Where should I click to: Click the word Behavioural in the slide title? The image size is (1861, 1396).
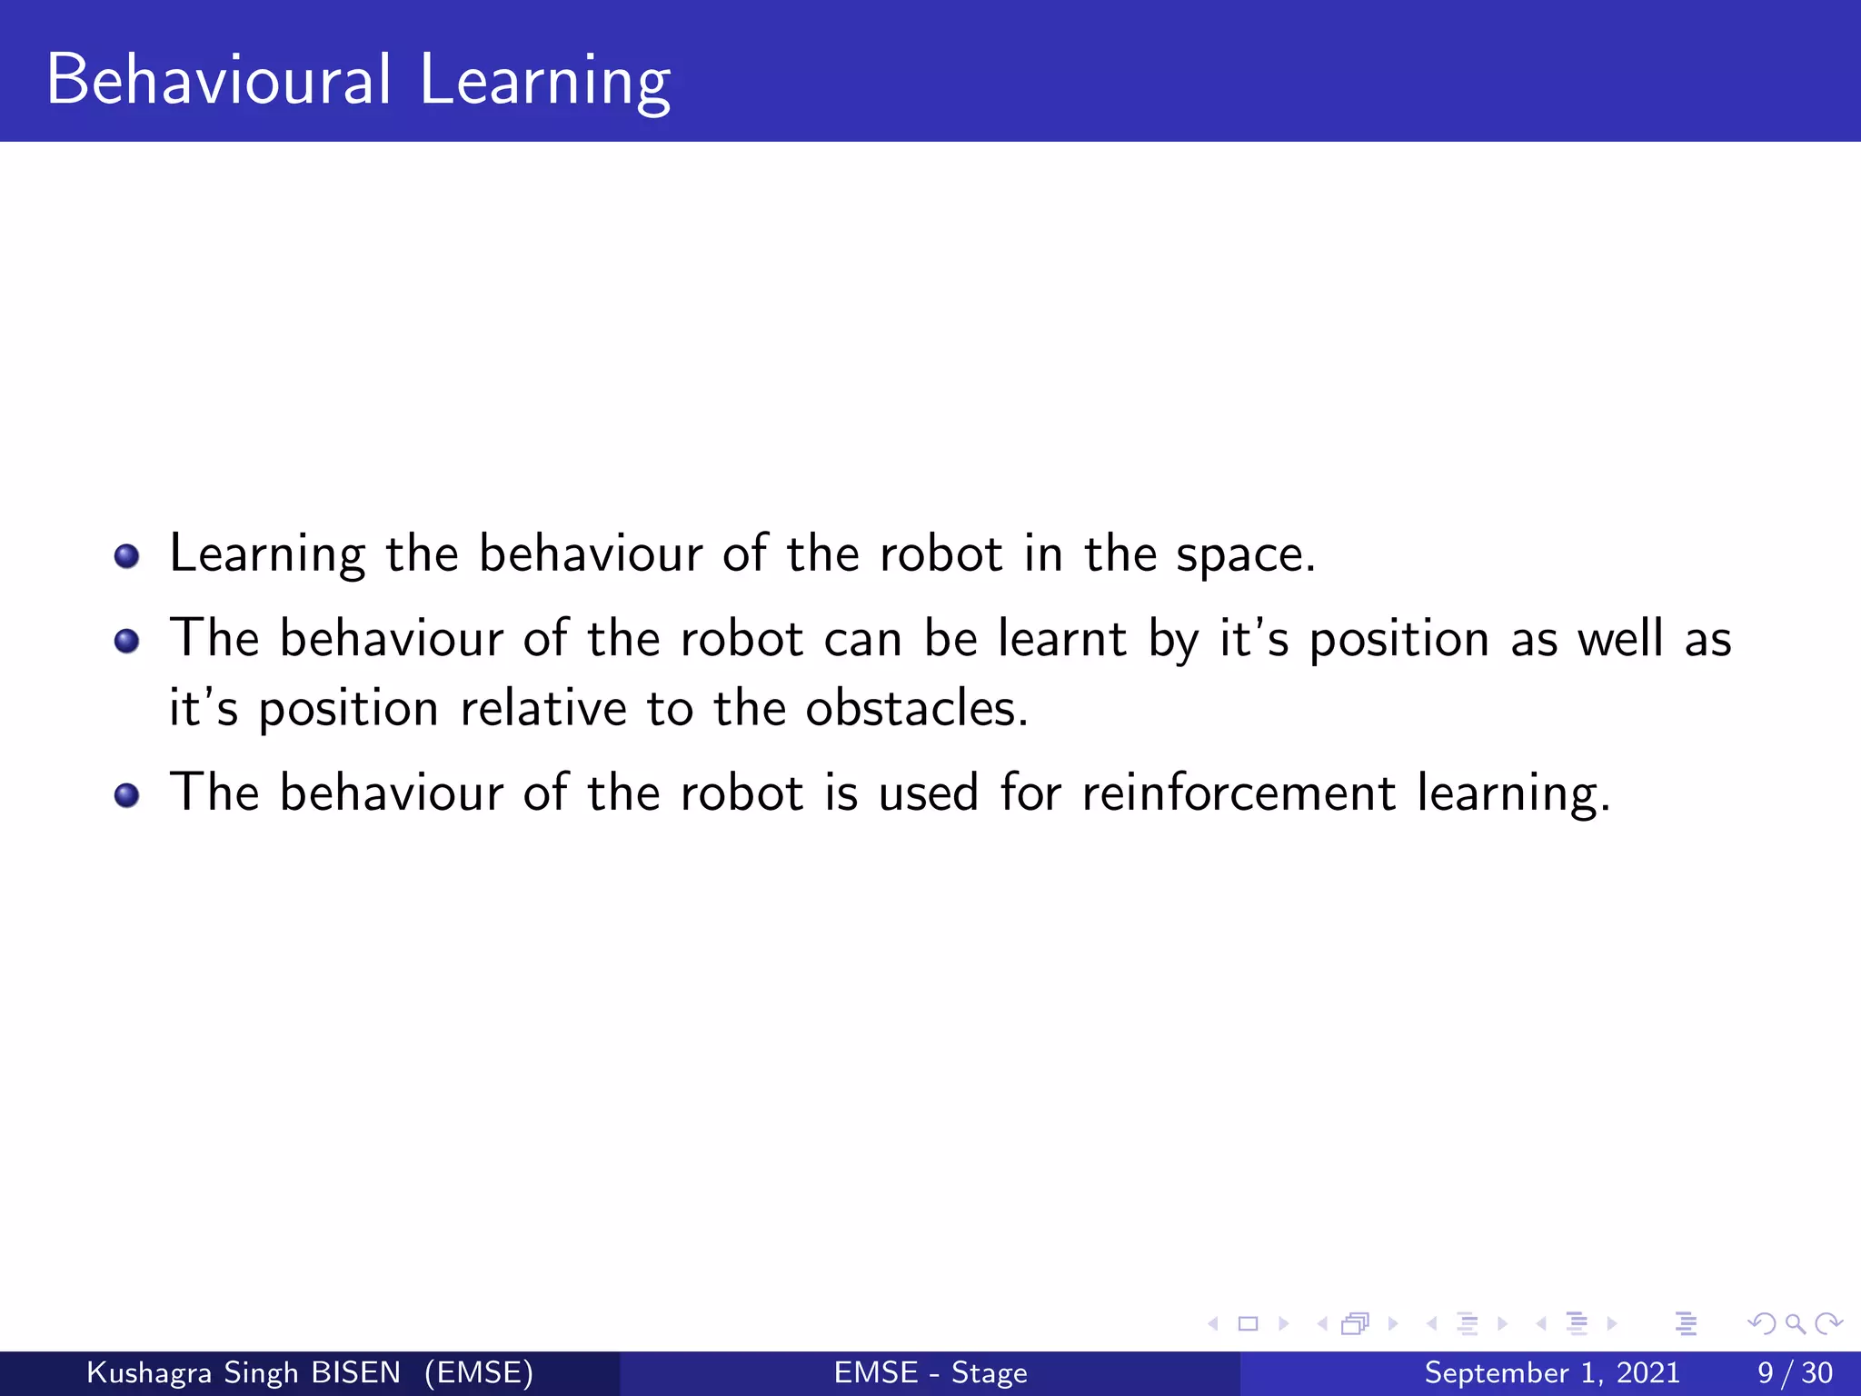coord(219,80)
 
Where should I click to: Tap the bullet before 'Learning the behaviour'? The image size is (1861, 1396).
coord(127,555)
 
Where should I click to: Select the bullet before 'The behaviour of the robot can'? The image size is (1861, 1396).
coord(127,641)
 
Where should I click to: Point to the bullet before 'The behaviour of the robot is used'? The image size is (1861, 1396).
coord(127,795)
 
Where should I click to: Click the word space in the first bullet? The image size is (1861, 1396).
coord(1244,554)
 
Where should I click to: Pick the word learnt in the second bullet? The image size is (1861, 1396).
coord(1062,638)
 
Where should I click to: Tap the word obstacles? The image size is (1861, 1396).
coord(916,708)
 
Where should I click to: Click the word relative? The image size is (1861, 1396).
coord(542,708)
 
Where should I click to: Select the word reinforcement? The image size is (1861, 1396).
coord(1239,793)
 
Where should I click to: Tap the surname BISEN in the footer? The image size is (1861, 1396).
coord(355,1372)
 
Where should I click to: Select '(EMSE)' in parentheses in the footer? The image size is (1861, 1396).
coord(479,1372)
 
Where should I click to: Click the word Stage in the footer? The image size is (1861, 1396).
coord(989,1373)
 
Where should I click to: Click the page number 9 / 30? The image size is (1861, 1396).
coord(1795,1372)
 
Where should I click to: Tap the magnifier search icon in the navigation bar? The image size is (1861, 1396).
coord(1795,1323)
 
